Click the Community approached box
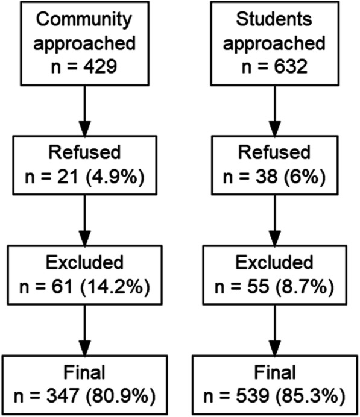pyautogui.click(x=85, y=43)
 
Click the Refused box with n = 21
pyautogui.click(x=85, y=162)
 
